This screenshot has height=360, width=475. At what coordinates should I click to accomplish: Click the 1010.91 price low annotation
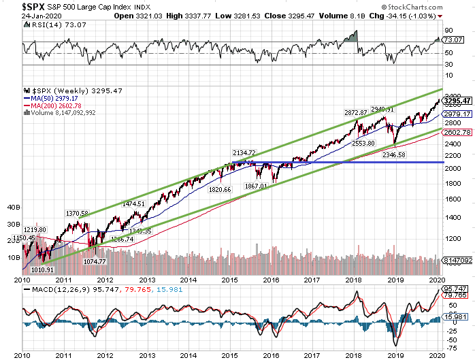pyautogui.click(x=43, y=270)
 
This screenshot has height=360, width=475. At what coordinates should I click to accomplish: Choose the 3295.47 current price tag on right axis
pyautogui.click(x=457, y=101)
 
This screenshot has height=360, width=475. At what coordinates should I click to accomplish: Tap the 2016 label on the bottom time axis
pyautogui.click(x=271, y=280)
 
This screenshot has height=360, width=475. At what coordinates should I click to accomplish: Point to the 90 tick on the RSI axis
pyautogui.click(x=448, y=31)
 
